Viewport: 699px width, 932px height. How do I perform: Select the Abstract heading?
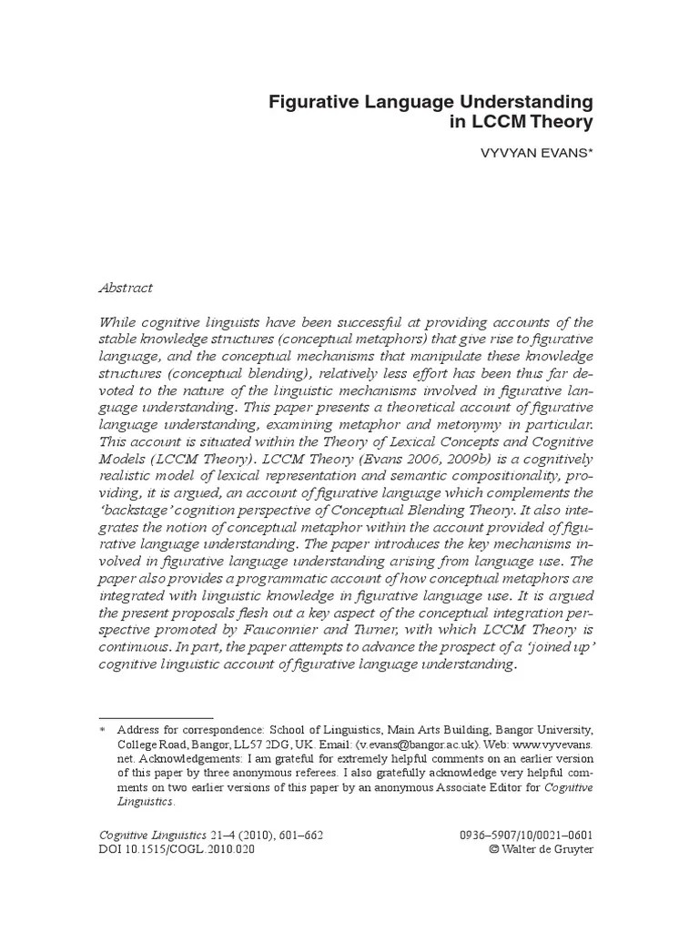tap(126, 288)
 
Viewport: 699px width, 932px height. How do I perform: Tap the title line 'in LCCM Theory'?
tap(522, 122)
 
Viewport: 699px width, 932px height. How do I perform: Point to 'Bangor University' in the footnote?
tap(542, 730)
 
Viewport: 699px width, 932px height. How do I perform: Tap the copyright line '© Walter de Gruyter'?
tap(542, 850)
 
